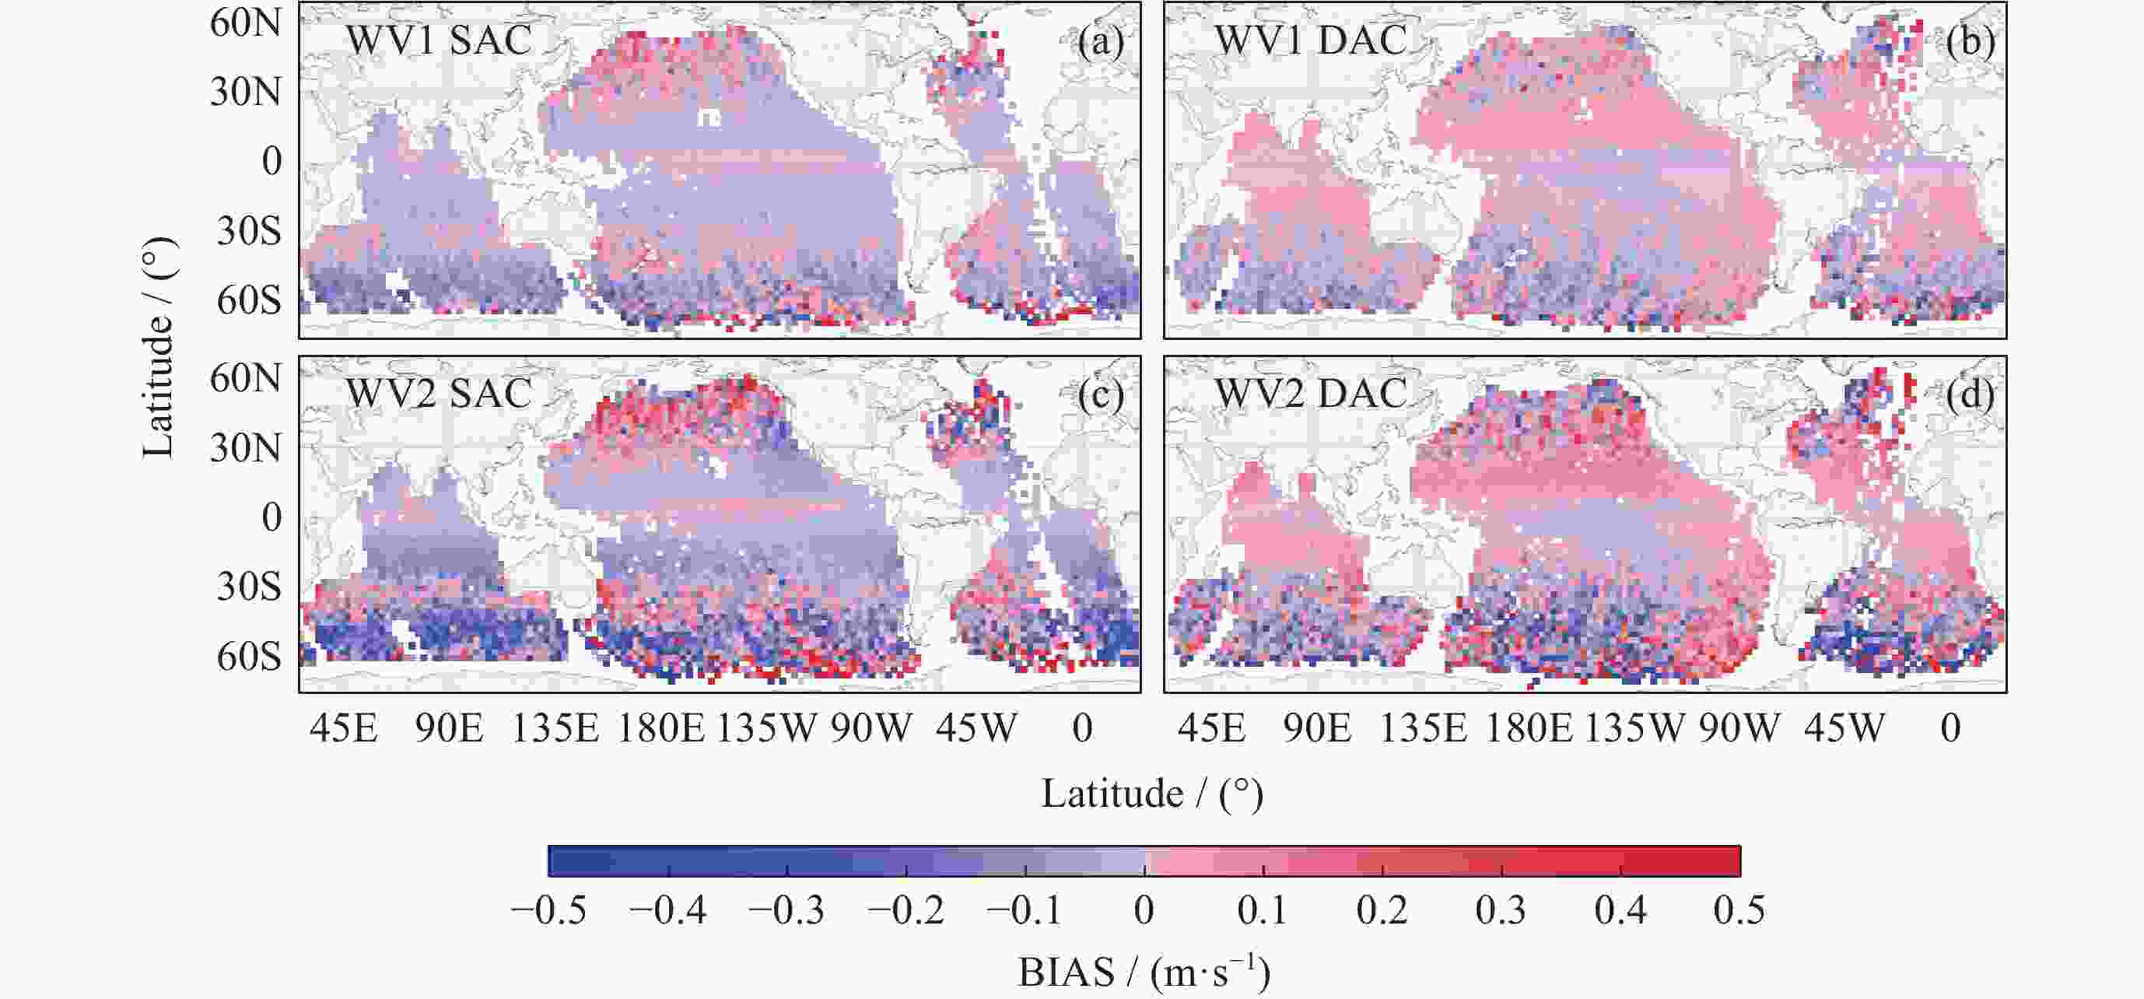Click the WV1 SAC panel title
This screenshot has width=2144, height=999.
439,40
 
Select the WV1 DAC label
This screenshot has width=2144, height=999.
1311,40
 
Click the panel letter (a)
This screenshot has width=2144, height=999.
1100,40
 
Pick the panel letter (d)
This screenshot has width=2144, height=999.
1970,394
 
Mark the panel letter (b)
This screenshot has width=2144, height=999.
1970,40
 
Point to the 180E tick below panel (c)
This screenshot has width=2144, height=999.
660,728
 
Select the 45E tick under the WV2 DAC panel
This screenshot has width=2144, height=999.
1211,728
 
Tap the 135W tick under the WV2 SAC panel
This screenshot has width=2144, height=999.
766,728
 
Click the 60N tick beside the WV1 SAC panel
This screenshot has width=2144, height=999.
246,23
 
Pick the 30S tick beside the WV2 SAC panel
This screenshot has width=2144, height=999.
249,587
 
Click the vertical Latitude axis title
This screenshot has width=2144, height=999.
159,347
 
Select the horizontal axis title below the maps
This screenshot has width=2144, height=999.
1153,794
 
